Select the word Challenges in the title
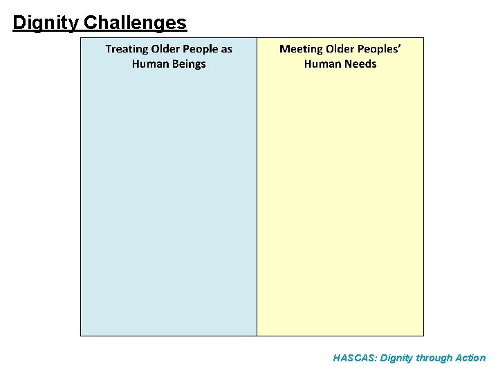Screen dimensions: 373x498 (x=135, y=23)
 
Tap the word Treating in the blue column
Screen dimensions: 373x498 (x=127, y=49)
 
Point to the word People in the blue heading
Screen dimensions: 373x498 (x=200, y=49)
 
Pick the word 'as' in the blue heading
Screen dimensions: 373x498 (x=226, y=49)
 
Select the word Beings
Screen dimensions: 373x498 (x=189, y=64)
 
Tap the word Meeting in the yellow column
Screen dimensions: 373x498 (x=301, y=49)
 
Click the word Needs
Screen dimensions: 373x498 (x=360, y=64)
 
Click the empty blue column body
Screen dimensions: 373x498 (x=169, y=207)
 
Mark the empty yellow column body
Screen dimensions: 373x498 (x=340, y=207)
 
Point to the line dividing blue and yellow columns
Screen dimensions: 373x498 (x=257, y=207)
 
